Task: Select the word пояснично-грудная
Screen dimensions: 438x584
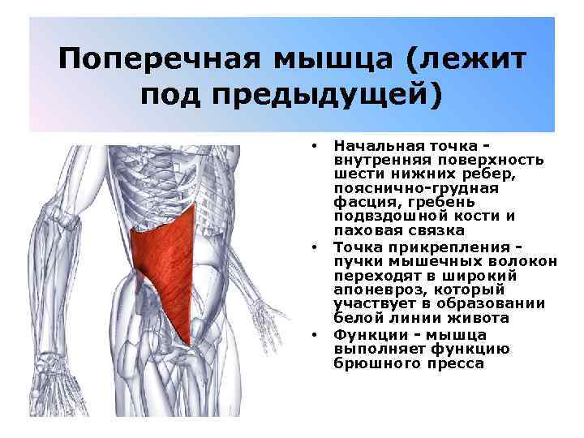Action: (403, 187)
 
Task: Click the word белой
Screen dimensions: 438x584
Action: (354, 318)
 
